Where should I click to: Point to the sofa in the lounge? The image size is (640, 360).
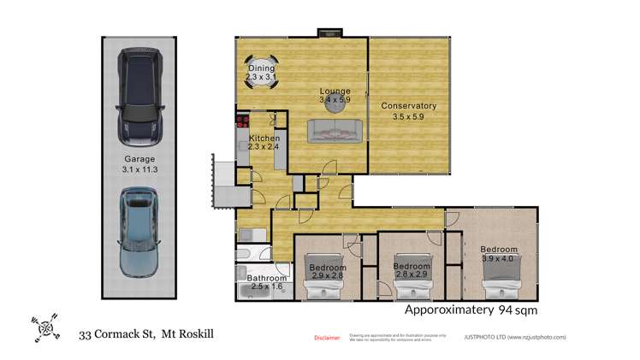(x=335, y=130)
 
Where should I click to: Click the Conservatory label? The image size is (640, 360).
(x=409, y=106)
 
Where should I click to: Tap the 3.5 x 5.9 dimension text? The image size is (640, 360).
(x=409, y=116)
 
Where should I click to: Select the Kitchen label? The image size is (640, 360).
(x=264, y=138)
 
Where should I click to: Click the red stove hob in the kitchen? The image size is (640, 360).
(x=242, y=121)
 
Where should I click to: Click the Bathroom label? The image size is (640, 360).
(x=266, y=278)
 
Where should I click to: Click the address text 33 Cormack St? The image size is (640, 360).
(x=117, y=334)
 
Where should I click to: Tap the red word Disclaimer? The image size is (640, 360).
(x=328, y=337)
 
